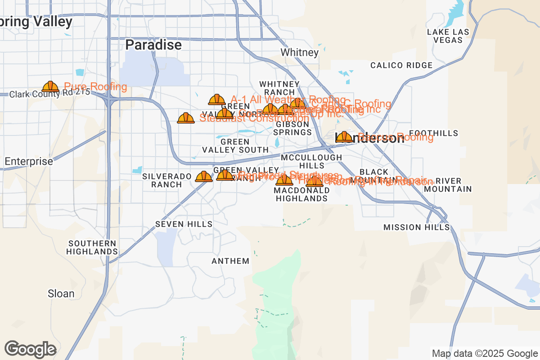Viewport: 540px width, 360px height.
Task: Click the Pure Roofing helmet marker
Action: click(x=50, y=86)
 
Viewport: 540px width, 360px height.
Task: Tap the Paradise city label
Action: click(x=153, y=45)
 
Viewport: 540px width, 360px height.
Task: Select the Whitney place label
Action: click(x=299, y=53)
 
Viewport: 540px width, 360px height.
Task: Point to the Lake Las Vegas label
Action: click(x=448, y=36)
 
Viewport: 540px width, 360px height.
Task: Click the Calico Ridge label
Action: click(x=401, y=65)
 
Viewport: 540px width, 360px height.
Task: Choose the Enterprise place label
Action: click(x=29, y=161)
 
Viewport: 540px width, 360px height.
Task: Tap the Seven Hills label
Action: click(x=184, y=224)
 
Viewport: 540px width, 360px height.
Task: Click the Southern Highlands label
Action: click(x=93, y=247)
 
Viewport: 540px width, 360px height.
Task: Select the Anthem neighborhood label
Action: click(x=230, y=261)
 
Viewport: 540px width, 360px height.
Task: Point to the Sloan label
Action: click(x=61, y=294)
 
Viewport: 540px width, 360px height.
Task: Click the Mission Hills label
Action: click(x=416, y=228)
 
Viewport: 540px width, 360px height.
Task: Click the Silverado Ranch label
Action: click(x=162, y=180)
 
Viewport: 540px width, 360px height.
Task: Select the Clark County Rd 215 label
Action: click(x=49, y=94)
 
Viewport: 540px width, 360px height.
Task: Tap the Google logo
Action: click(x=31, y=349)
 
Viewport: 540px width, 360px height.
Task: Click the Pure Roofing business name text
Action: click(x=95, y=87)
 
